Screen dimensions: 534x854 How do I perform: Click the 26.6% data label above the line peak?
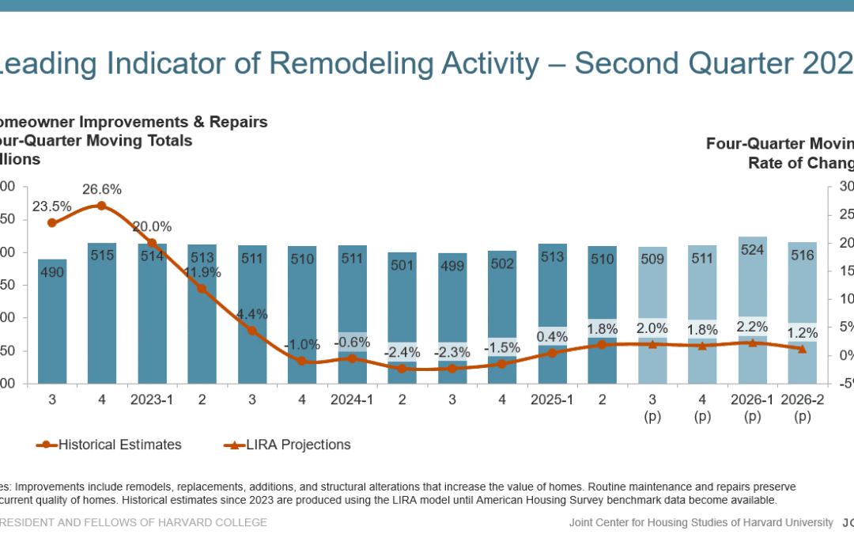coord(102,190)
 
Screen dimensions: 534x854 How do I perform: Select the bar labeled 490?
coord(52,316)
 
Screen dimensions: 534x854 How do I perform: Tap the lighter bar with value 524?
coord(752,301)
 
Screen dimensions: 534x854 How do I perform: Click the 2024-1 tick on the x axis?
coord(352,400)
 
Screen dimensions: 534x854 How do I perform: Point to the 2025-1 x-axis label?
coord(553,400)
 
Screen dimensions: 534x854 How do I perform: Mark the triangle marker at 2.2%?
coord(753,343)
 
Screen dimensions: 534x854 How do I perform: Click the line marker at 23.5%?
coord(52,223)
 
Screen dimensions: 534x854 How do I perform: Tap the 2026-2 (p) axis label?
coord(803,408)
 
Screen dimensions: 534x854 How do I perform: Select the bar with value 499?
coord(452,316)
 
